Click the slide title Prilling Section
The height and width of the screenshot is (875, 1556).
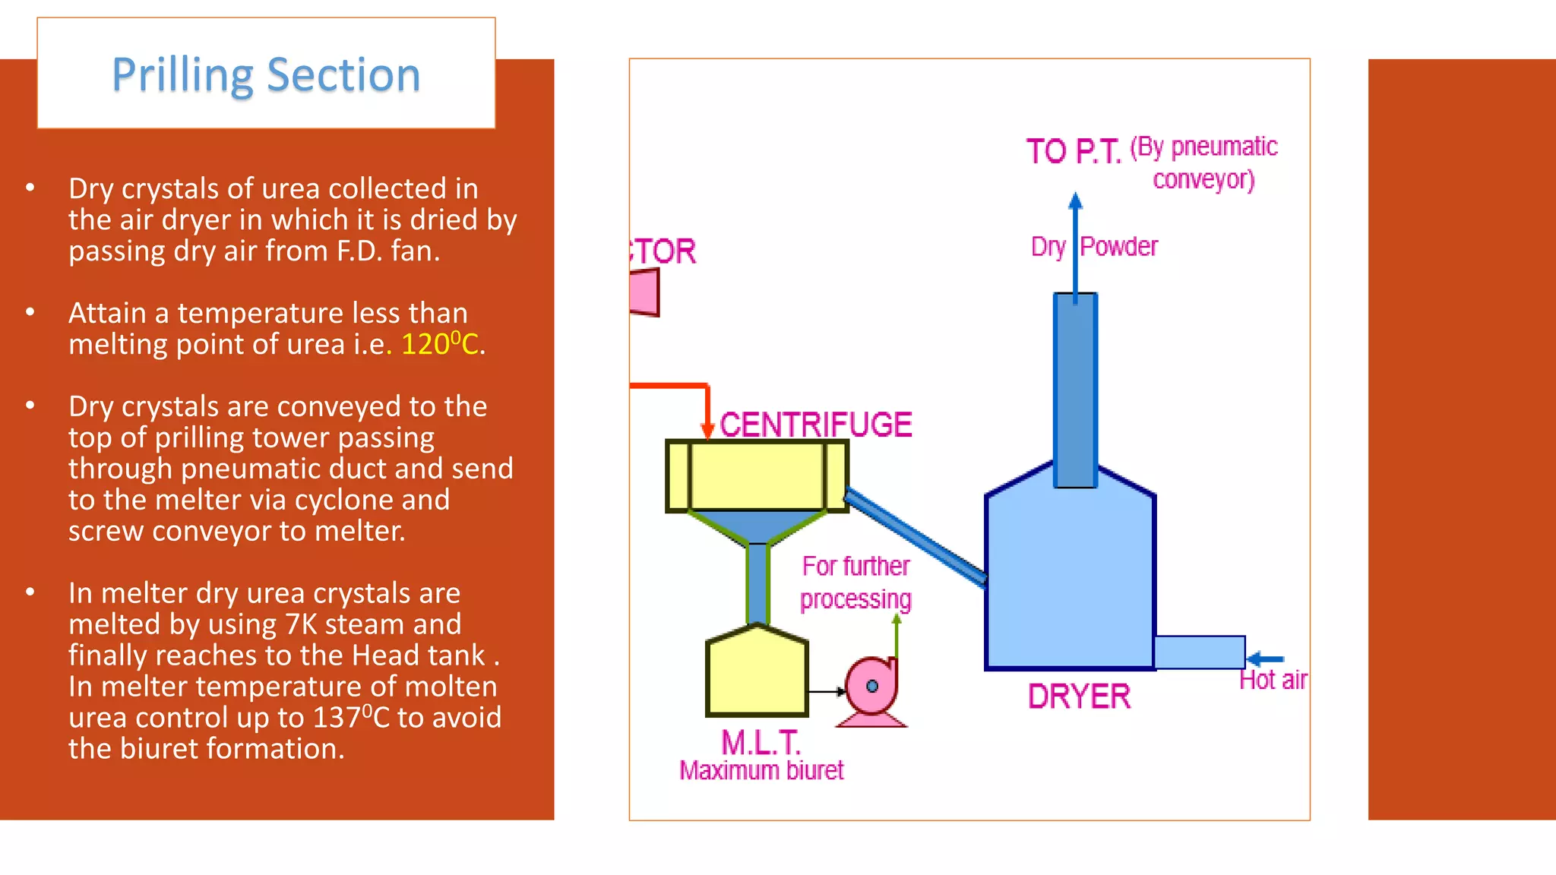tap(266, 75)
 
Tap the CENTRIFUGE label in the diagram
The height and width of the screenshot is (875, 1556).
tap(815, 425)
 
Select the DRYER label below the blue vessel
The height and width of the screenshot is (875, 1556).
tap(1079, 697)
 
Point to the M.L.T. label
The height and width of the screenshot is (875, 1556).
tap(761, 742)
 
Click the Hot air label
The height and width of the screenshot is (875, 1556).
tap(1273, 680)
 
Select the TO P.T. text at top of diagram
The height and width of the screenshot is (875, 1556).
tap(1073, 151)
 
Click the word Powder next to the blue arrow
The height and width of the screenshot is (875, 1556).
tap(1118, 246)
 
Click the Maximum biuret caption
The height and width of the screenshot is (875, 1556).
tap(761, 770)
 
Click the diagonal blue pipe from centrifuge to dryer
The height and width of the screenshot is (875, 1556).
tap(916, 537)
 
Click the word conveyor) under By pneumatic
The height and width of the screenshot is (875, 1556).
tap(1203, 180)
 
